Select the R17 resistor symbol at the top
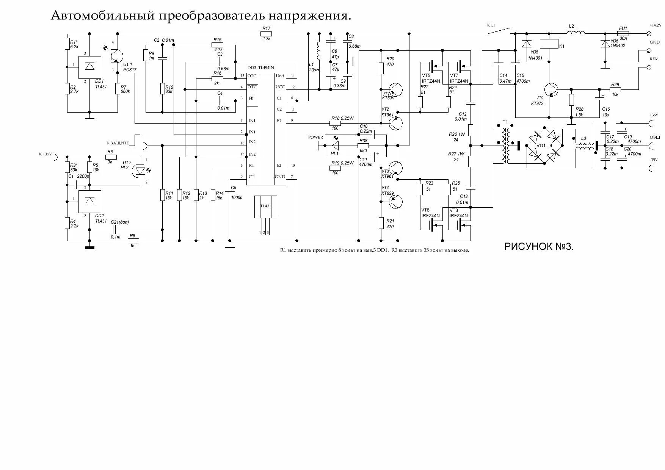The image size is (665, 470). pyautogui.click(x=266, y=34)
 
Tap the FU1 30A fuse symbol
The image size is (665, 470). pyautogui.click(x=623, y=33)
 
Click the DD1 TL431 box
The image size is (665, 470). pyautogui.click(x=89, y=67)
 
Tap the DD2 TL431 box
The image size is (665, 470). pyautogui.click(x=90, y=201)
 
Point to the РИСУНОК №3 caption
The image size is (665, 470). pyautogui.click(x=539, y=247)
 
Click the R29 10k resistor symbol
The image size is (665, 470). pyautogui.click(x=615, y=90)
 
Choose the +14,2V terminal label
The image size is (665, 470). pyautogui.click(x=655, y=25)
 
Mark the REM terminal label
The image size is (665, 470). pyautogui.click(x=654, y=59)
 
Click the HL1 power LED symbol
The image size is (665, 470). pyautogui.click(x=335, y=146)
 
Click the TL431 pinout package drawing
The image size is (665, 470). pyautogui.click(x=265, y=212)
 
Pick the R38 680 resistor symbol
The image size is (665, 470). pyautogui.click(x=363, y=146)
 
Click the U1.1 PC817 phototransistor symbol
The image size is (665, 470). pyautogui.click(x=116, y=56)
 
